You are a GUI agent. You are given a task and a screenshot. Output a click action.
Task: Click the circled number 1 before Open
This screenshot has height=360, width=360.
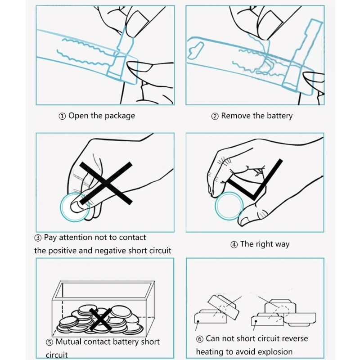(x=63, y=116)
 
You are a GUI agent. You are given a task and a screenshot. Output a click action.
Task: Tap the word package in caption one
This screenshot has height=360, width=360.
(x=120, y=116)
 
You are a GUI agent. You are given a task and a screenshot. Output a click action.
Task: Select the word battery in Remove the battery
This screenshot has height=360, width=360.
(x=279, y=116)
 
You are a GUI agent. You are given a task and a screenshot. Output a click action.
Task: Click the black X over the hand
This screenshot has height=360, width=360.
(x=106, y=182)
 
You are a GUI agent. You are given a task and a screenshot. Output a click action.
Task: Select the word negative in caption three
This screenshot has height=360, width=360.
(x=111, y=250)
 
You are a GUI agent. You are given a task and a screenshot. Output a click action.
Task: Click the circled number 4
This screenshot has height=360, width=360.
(x=234, y=245)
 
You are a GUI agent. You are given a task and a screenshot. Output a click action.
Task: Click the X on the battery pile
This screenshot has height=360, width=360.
(x=102, y=319)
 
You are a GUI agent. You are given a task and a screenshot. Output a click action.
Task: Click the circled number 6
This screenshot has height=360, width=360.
(x=200, y=339)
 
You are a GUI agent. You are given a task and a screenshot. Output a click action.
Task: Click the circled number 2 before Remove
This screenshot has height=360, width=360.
(x=215, y=116)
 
